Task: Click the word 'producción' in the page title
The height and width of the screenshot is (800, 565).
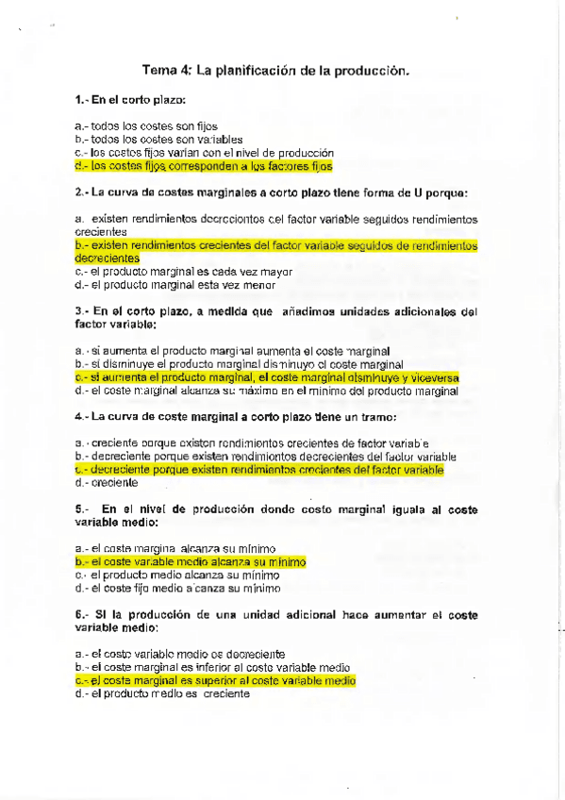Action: point(372,70)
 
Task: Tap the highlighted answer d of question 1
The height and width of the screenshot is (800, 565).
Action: point(203,166)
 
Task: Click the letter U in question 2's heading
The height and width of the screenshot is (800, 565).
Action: point(416,192)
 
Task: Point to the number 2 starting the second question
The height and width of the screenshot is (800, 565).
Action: point(77,192)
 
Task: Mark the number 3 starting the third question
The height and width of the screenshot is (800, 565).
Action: point(77,310)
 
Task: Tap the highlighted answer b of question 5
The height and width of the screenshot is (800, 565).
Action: point(191,561)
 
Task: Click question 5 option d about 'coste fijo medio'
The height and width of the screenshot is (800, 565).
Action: point(177,588)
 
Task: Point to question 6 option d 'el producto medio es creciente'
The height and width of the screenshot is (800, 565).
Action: point(162,693)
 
